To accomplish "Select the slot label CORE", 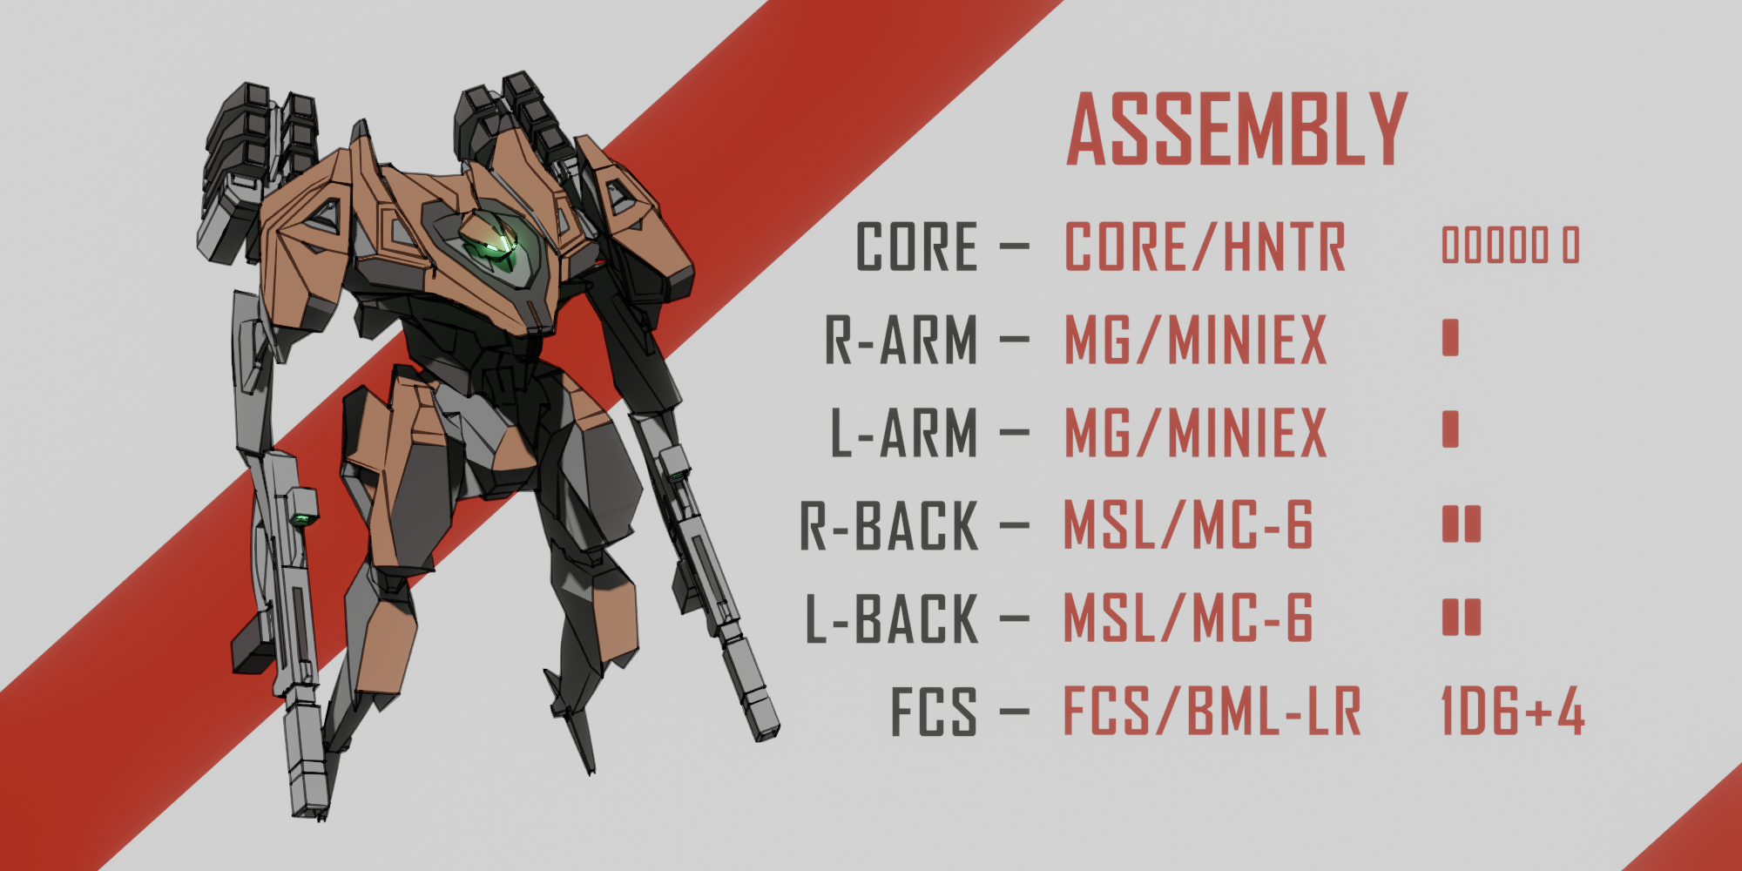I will click(x=917, y=246).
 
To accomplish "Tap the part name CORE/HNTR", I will click(x=1205, y=246).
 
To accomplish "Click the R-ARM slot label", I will click(x=901, y=340).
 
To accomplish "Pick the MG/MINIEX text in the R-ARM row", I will click(x=1196, y=340).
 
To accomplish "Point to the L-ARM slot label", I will click(x=904, y=433).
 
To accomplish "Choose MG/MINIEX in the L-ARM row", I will click(x=1196, y=433).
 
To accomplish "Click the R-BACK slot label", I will click(x=889, y=526).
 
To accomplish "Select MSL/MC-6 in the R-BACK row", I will click(x=1188, y=526).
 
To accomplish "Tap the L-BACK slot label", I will click(x=892, y=619).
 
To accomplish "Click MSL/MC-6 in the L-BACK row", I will click(x=1188, y=619).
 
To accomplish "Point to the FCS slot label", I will click(x=933, y=712).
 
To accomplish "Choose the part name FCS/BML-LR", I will click(x=1212, y=712).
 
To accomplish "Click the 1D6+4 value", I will click(x=1513, y=712).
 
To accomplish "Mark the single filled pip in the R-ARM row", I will click(x=1450, y=338).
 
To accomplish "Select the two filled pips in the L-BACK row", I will click(x=1462, y=617).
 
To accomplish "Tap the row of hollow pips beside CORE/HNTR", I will click(x=1510, y=246).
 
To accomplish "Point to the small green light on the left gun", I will click(x=302, y=520).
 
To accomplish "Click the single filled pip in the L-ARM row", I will click(x=1450, y=429).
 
